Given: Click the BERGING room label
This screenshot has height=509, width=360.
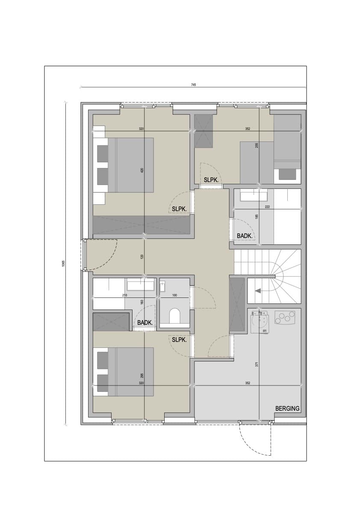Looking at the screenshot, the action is click(287, 409).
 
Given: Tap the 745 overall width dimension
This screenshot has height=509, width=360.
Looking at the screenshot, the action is click(194, 85).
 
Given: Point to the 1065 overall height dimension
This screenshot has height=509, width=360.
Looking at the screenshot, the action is click(63, 263).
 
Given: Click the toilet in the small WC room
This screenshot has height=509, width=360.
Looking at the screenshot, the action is click(174, 315).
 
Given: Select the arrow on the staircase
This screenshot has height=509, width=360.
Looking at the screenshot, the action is click(258, 291).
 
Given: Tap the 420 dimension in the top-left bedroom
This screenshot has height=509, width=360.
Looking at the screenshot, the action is click(142, 170).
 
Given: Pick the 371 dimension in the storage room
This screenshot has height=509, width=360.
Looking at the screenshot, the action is click(257, 364).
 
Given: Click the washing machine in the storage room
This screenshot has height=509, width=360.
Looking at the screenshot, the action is click(260, 322).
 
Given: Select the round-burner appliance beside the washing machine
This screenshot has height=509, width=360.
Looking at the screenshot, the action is click(285, 317).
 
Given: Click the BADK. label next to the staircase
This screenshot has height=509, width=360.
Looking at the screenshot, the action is click(245, 236).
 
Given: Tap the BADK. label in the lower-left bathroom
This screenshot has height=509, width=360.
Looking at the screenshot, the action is click(145, 323).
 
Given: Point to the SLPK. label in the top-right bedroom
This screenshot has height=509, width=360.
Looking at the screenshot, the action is click(211, 180).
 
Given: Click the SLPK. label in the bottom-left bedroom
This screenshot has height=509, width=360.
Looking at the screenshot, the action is click(180, 340).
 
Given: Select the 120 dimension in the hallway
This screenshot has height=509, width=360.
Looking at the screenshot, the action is click(142, 257).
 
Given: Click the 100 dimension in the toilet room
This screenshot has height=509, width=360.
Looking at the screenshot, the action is click(174, 295).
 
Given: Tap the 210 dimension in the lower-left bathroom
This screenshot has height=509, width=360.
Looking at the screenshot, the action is click(124, 295).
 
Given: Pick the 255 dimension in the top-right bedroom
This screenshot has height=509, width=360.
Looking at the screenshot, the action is click(257, 146).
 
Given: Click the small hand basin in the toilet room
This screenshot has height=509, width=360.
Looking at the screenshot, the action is click(162, 285).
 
